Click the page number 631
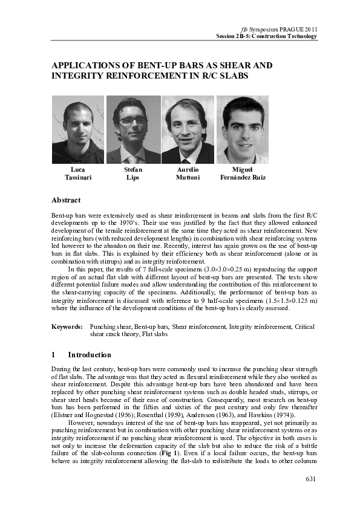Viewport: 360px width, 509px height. click(x=310, y=480)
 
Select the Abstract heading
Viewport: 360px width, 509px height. click(x=67, y=200)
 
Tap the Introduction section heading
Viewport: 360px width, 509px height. click(x=90, y=355)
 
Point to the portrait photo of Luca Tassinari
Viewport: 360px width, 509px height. click(x=78, y=129)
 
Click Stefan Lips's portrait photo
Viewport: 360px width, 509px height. click(x=133, y=129)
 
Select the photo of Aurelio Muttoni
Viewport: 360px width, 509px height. click(x=188, y=129)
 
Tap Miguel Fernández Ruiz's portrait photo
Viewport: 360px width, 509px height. click(x=242, y=129)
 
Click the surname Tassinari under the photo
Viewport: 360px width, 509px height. click(x=77, y=178)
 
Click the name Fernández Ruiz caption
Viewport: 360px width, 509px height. click(x=242, y=178)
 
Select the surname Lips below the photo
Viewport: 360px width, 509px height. click(x=133, y=178)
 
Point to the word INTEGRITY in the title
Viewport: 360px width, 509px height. click(x=82, y=77)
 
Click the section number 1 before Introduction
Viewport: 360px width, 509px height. click(x=54, y=355)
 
